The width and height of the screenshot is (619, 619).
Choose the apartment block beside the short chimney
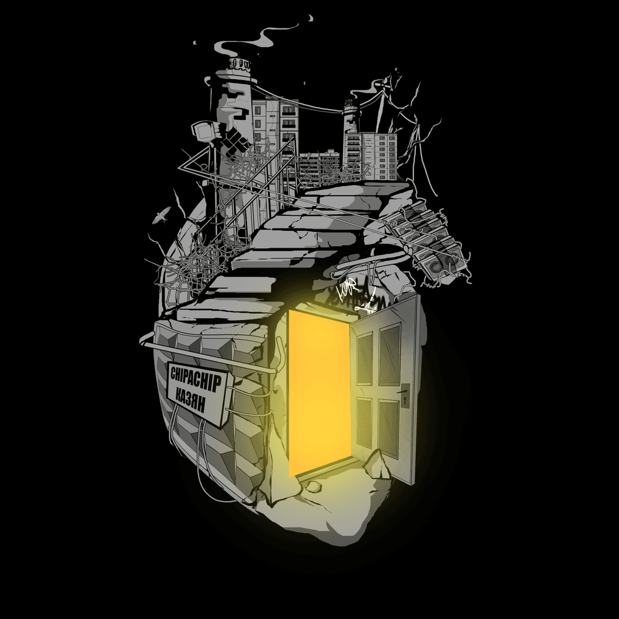click(378, 155)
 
